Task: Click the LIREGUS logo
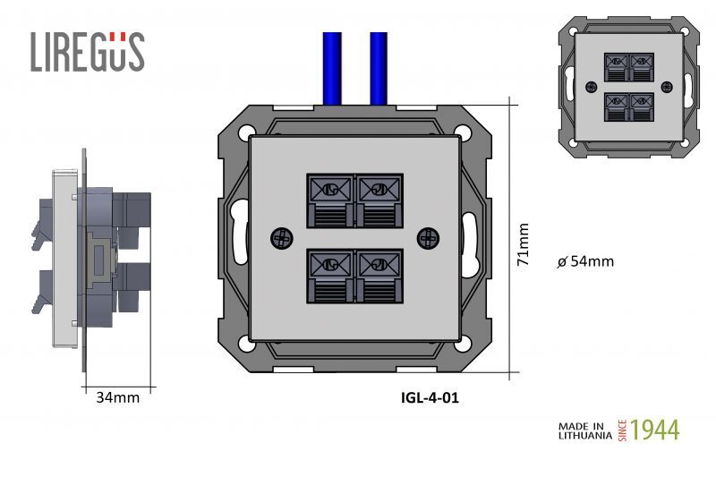click(87, 51)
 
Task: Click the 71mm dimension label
click(524, 245)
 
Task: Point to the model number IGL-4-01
click(430, 397)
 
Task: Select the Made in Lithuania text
click(585, 430)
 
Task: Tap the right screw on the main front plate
click(429, 238)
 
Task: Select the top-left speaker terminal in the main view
click(330, 199)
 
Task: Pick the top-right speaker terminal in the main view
click(379, 199)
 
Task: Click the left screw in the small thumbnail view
click(591, 87)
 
